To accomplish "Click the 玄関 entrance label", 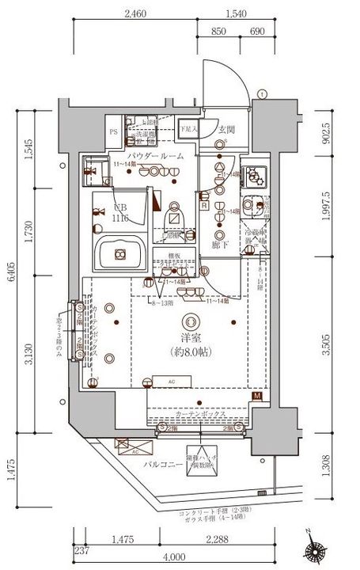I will click(227, 128).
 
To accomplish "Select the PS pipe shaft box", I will click(113, 132).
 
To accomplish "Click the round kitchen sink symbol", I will click(256, 203).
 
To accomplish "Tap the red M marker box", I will click(256, 397).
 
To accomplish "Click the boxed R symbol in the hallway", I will click(205, 206).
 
